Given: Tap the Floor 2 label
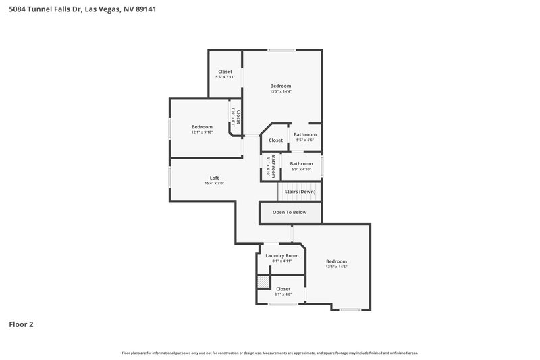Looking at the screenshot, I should pos(21,324).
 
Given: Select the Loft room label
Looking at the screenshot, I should pos(215,178).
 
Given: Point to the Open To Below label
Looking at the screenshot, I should pos(290,212).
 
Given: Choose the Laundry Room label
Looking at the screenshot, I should pos(282,255).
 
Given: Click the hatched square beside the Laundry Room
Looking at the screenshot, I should pos(263,282).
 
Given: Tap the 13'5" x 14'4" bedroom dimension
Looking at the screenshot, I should pos(281,92).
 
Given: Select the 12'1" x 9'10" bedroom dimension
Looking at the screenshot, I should pos(202,132).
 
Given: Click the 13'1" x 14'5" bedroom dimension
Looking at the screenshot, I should pos(336,267).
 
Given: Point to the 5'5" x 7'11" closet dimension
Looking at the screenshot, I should pos(225,77).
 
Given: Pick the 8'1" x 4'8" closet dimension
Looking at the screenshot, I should pos(283,294).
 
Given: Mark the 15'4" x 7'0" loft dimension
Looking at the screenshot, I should pos(215,183).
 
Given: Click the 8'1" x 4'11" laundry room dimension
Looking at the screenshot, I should pos(282,261).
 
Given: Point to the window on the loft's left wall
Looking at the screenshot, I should pos(169,179).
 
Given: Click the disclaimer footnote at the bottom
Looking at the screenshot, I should pos(270,353).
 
